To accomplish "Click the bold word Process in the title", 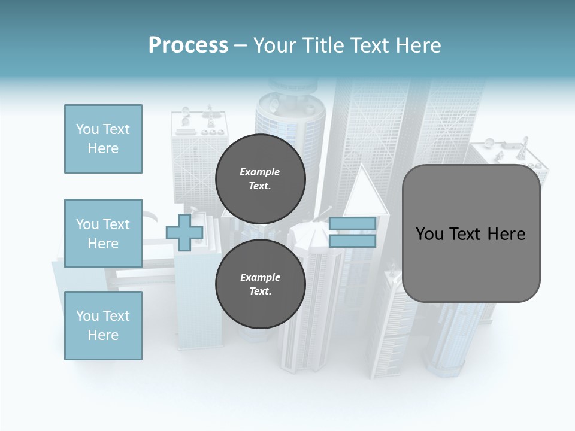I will (188, 45).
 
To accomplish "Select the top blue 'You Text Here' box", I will (103, 139).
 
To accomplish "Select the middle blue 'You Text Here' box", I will (103, 233).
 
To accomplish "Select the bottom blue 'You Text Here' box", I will (103, 326).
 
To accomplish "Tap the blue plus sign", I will (184, 232).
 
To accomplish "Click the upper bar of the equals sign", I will (352, 223).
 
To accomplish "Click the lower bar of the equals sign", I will (352, 241).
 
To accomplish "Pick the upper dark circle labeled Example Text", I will (260, 179).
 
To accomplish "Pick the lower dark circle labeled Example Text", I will (260, 284).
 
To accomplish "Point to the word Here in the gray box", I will (506, 234).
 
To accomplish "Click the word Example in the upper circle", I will (260, 172).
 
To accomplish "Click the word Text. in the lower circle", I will (260, 292).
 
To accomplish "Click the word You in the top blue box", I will (87, 129).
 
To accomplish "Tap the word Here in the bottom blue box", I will (103, 335).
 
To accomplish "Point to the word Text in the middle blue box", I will (116, 224).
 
